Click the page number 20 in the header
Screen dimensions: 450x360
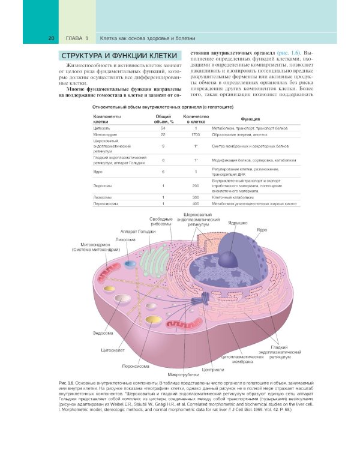pos(52,39)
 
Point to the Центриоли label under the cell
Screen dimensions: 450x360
pos(213,368)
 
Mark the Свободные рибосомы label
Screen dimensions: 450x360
pos(161,221)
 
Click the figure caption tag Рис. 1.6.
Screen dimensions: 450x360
pos(67,382)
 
